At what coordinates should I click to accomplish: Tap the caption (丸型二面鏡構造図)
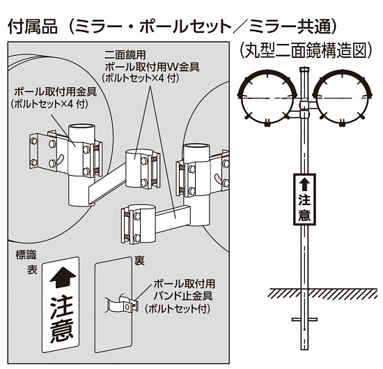pyautogui.click(x=303, y=50)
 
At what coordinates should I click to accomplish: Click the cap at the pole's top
pyautogui.click(x=304, y=69)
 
